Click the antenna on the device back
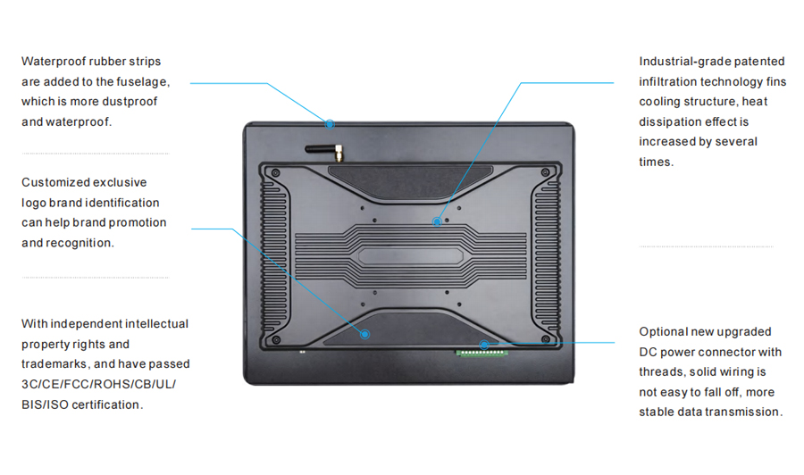324,151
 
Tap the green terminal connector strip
482,353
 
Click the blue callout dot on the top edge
330,124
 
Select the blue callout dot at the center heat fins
437,221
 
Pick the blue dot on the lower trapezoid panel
364,334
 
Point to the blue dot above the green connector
484,345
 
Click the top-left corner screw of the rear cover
276,172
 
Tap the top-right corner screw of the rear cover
545,172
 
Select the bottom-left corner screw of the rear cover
276,339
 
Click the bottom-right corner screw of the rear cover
545,339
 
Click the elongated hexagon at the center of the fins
411,256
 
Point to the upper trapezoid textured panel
410,181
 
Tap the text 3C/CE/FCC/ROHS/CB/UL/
98,384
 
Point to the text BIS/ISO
46,404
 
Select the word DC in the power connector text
648,352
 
